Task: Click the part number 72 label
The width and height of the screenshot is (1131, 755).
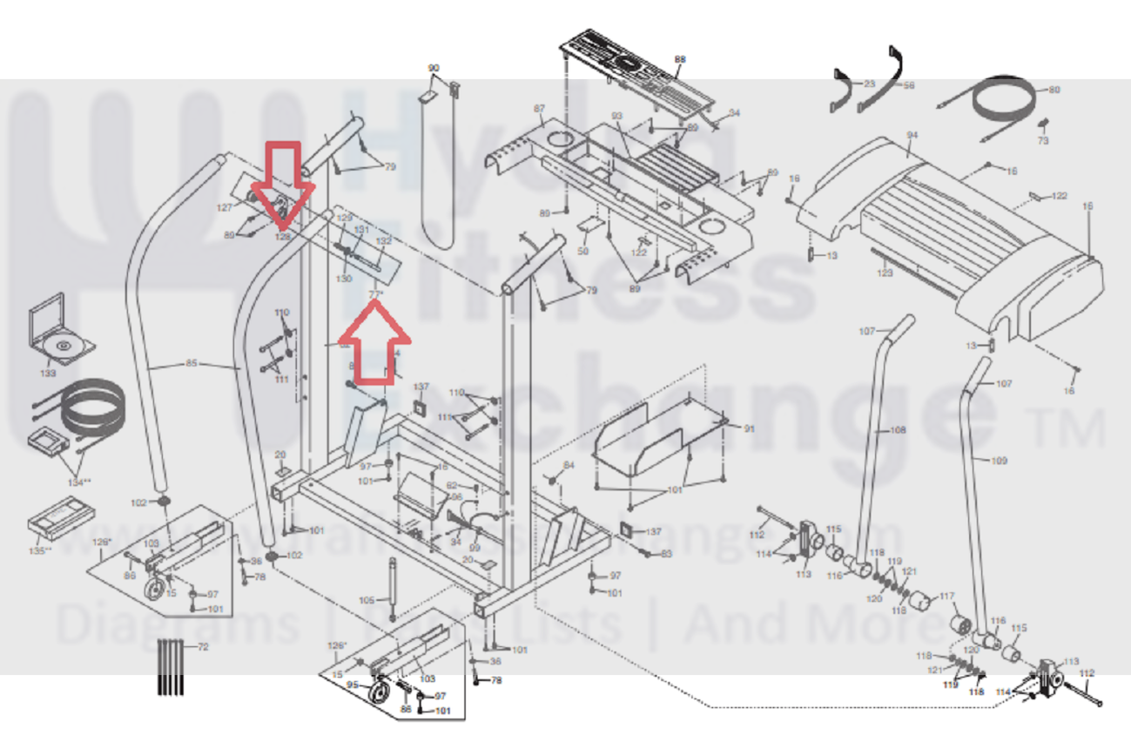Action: point(204,648)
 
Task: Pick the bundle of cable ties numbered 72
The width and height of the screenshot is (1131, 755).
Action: point(172,667)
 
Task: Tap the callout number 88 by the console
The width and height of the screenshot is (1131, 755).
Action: point(680,59)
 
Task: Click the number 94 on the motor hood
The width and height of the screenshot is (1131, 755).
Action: point(912,136)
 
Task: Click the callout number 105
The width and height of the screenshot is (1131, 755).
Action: point(367,600)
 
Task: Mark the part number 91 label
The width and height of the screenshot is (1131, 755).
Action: point(750,428)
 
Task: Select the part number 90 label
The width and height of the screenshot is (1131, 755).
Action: point(434,68)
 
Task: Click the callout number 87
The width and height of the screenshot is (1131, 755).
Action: point(539,109)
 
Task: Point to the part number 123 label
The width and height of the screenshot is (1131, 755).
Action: point(885,273)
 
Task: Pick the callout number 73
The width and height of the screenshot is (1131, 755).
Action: point(1043,140)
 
